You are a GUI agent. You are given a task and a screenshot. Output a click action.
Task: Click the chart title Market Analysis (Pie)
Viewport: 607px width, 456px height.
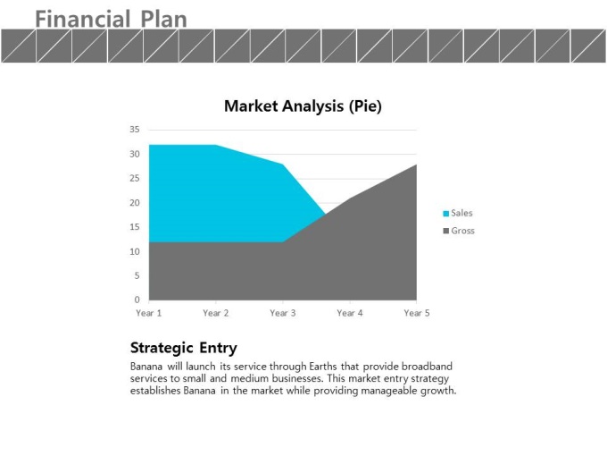point(303,106)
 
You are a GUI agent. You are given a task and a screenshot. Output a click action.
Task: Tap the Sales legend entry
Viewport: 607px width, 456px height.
point(458,214)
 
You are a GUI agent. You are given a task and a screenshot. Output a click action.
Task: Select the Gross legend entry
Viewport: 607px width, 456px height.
point(459,231)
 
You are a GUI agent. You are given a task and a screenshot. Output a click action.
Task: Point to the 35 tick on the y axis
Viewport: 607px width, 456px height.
point(134,130)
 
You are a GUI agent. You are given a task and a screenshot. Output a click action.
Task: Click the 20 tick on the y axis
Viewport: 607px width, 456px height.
point(134,203)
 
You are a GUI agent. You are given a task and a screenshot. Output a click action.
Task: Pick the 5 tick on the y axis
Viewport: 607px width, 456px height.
point(137,275)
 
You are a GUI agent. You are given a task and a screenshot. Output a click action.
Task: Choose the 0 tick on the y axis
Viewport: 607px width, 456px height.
point(137,300)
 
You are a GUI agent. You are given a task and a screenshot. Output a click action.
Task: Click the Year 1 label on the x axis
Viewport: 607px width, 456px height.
point(149,313)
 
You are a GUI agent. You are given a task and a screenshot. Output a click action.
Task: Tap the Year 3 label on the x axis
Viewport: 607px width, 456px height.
point(283,313)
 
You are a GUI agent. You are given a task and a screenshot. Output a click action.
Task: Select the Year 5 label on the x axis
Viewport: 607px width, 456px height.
point(417,313)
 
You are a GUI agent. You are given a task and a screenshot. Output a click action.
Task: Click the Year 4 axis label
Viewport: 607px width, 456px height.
point(350,313)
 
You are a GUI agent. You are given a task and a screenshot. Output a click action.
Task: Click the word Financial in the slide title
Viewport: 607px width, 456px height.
point(83,20)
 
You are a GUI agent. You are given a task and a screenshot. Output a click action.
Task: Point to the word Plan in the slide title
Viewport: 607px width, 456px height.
point(163,20)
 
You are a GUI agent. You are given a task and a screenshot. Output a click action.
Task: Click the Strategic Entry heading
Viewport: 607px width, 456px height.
point(184,348)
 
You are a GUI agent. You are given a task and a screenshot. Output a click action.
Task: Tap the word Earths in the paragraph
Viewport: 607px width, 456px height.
point(323,367)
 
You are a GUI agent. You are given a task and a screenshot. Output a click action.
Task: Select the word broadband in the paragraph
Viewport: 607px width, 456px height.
point(427,367)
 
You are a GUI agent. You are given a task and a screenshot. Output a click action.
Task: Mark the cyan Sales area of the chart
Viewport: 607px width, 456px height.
point(217,194)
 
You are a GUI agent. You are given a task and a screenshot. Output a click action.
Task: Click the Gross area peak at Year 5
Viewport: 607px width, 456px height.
point(417,165)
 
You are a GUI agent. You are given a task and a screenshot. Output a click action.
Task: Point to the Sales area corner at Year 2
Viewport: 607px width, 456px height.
point(216,145)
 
